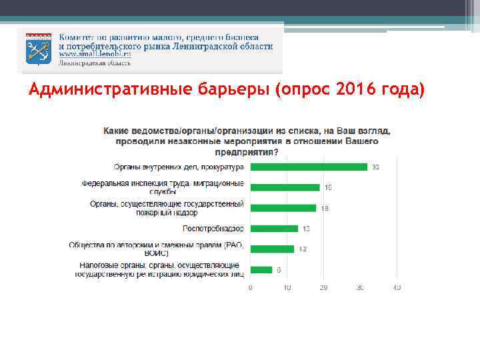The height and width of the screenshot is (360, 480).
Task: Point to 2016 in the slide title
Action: click(x=347, y=90)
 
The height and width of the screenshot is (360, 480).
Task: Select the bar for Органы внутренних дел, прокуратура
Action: click(x=309, y=167)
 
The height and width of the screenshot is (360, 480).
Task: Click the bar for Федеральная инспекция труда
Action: click(x=285, y=187)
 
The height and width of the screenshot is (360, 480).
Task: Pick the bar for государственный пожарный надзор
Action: click(x=283, y=208)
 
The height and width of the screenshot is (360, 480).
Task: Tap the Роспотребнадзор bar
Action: click(x=274, y=229)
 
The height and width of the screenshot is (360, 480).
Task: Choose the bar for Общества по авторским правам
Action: click(x=272, y=249)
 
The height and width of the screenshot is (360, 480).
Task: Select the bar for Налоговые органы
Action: click(x=261, y=270)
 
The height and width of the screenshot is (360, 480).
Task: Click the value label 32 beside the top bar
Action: click(x=375, y=167)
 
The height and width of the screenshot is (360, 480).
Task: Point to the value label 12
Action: click(x=301, y=249)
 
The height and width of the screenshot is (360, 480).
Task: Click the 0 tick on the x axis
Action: click(x=250, y=288)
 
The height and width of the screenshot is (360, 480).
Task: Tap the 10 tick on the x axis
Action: click(x=287, y=288)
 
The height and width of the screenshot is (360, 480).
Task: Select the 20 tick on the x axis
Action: click(x=323, y=288)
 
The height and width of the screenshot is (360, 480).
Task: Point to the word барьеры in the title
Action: click(x=233, y=90)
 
